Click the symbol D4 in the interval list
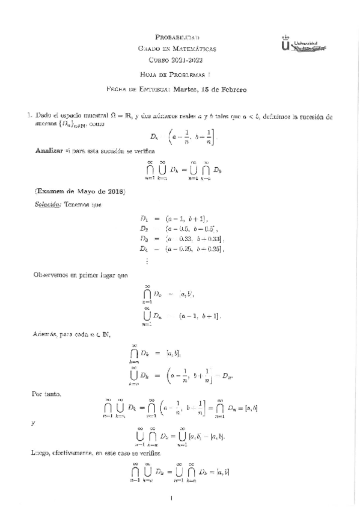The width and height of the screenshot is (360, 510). [144, 248]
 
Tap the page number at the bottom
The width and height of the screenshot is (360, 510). [172, 497]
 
